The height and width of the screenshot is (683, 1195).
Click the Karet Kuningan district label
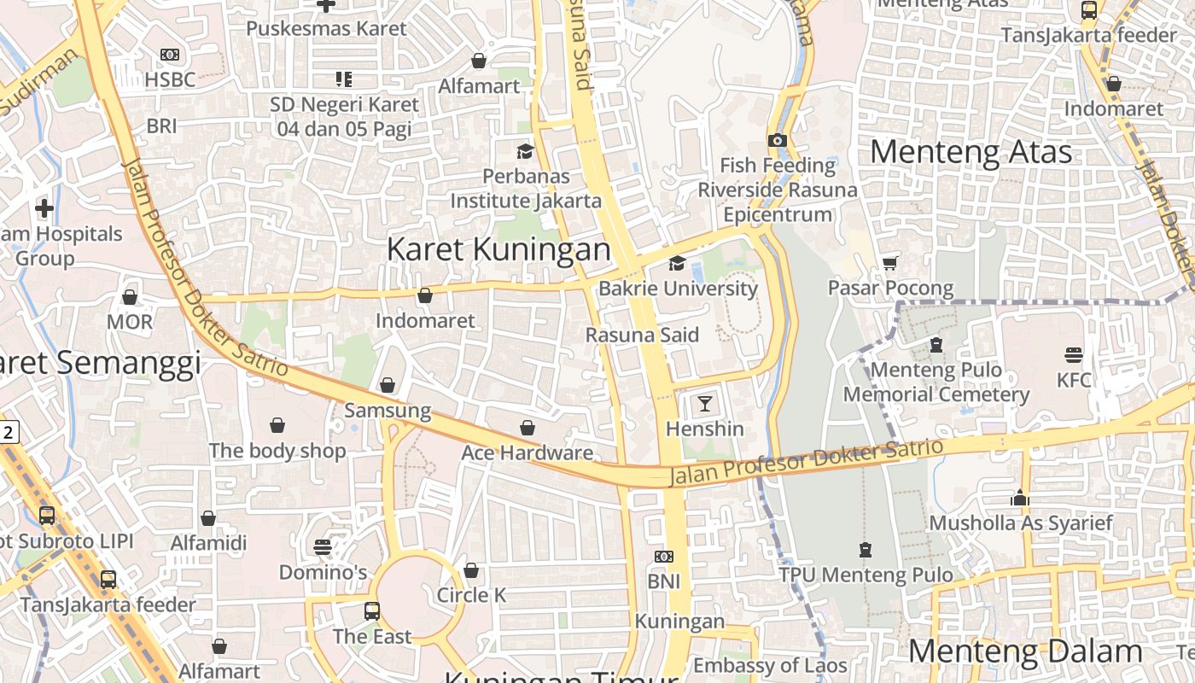coord(498,249)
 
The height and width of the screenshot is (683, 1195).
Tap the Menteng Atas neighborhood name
coord(971,152)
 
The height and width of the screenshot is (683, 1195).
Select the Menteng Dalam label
coord(1024,651)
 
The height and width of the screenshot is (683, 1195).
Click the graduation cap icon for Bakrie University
coord(677,263)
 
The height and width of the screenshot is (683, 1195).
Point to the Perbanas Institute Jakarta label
coord(526,188)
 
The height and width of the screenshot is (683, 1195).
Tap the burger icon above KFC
coord(1074,354)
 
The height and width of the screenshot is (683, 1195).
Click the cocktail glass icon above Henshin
coord(705,403)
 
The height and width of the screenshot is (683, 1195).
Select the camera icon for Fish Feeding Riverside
coord(777,140)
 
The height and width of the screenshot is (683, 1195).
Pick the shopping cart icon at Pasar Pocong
coord(890,263)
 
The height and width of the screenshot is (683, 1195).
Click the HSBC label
coord(170,79)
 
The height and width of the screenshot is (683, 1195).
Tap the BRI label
coord(161,126)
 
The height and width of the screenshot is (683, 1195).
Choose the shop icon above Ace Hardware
coord(528,428)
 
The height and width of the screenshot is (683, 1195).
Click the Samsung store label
coord(388,411)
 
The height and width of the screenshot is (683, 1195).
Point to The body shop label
coord(277,451)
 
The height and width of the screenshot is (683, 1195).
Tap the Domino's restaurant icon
coord(323,546)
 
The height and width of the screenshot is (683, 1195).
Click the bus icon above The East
coord(372,611)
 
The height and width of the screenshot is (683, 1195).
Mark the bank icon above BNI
coord(663,557)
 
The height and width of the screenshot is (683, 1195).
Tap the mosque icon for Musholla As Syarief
coord(1020,498)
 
